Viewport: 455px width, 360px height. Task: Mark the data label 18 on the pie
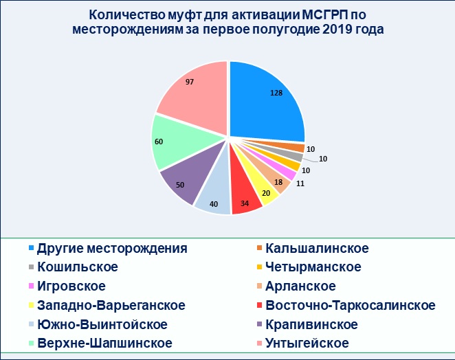[278, 182]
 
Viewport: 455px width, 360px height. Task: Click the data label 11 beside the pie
[300, 183]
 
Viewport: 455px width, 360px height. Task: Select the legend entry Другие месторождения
[108, 249]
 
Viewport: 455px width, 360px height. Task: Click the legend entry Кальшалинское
[313, 249]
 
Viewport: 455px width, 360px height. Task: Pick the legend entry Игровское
[67, 286]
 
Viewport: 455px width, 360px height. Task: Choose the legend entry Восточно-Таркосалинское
[346, 306]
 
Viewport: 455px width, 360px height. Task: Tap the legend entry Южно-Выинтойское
[98, 324]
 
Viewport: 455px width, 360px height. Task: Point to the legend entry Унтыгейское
[303, 344]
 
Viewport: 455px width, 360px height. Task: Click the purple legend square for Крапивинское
[260, 324]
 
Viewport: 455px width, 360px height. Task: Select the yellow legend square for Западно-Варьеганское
[32, 306]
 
